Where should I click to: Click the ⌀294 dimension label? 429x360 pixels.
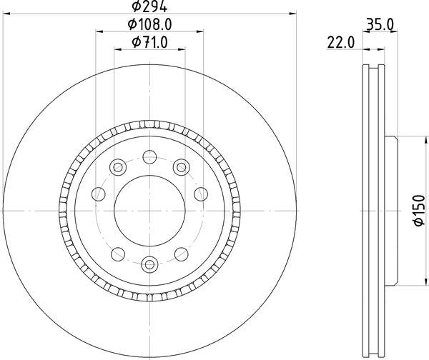pos(149,6)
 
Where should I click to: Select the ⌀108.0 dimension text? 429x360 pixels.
pos(149,25)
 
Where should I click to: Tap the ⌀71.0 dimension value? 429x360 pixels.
pos(149,42)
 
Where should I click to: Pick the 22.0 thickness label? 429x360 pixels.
pos(340,43)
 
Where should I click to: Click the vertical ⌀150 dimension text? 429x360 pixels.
pos(419,211)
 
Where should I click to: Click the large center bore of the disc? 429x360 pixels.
pos(149,211)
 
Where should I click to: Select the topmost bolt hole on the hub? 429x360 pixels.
pos(149,157)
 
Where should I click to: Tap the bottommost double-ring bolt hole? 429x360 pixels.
pos(149,264)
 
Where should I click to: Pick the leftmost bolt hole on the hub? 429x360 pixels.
pos(99,194)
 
